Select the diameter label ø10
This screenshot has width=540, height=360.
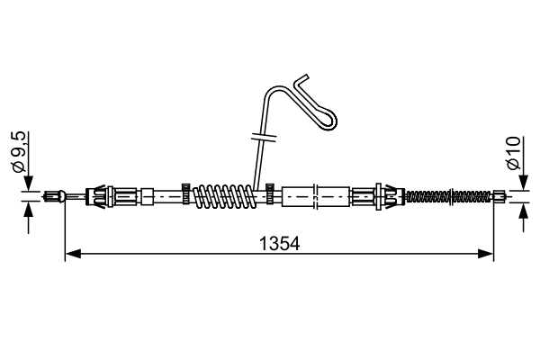512,153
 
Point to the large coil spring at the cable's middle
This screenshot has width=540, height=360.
223,195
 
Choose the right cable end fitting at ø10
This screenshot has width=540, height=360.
497,195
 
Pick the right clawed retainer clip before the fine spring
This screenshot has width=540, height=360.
385,195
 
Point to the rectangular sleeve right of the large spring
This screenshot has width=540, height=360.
314,195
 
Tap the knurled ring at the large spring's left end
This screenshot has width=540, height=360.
184,195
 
